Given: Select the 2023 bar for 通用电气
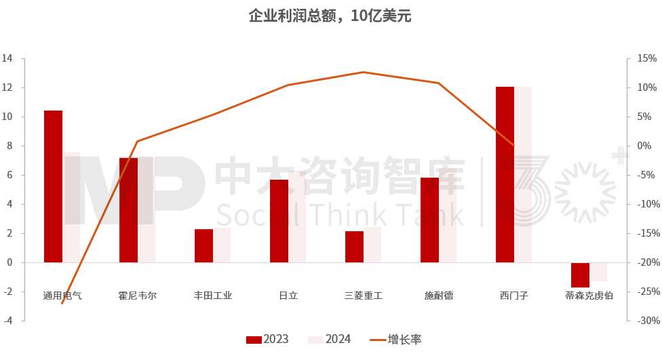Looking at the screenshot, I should [x=53, y=186].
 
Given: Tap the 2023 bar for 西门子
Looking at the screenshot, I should [x=505, y=174].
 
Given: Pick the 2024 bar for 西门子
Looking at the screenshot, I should [x=523, y=174].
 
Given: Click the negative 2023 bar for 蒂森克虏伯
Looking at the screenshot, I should [x=580, y=275].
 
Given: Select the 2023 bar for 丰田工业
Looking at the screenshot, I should [x=203, y=245].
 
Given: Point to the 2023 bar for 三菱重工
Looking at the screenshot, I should [x=354, y=247].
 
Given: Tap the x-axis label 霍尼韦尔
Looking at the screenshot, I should [x=138, y=296].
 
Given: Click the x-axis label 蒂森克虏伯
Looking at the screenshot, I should [x=589, y=296].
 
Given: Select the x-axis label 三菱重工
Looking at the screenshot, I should [x=364, y=296].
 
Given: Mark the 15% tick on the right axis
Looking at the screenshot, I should [x=644, y=58].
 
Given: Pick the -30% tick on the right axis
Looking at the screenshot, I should [x=644, y=321].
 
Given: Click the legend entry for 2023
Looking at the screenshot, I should [x=267, y=340].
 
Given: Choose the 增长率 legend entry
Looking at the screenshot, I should [x=396, y=340].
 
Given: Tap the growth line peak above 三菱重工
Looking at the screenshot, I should [x=364, y=72].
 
